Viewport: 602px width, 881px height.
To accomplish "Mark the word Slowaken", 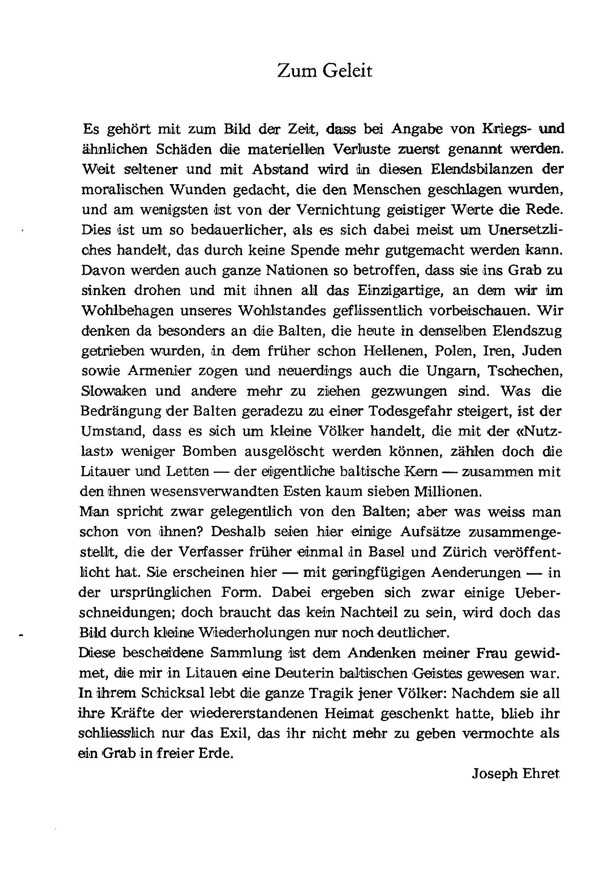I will [x=114, y=391].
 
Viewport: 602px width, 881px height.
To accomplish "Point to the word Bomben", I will [x=209, y=452].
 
